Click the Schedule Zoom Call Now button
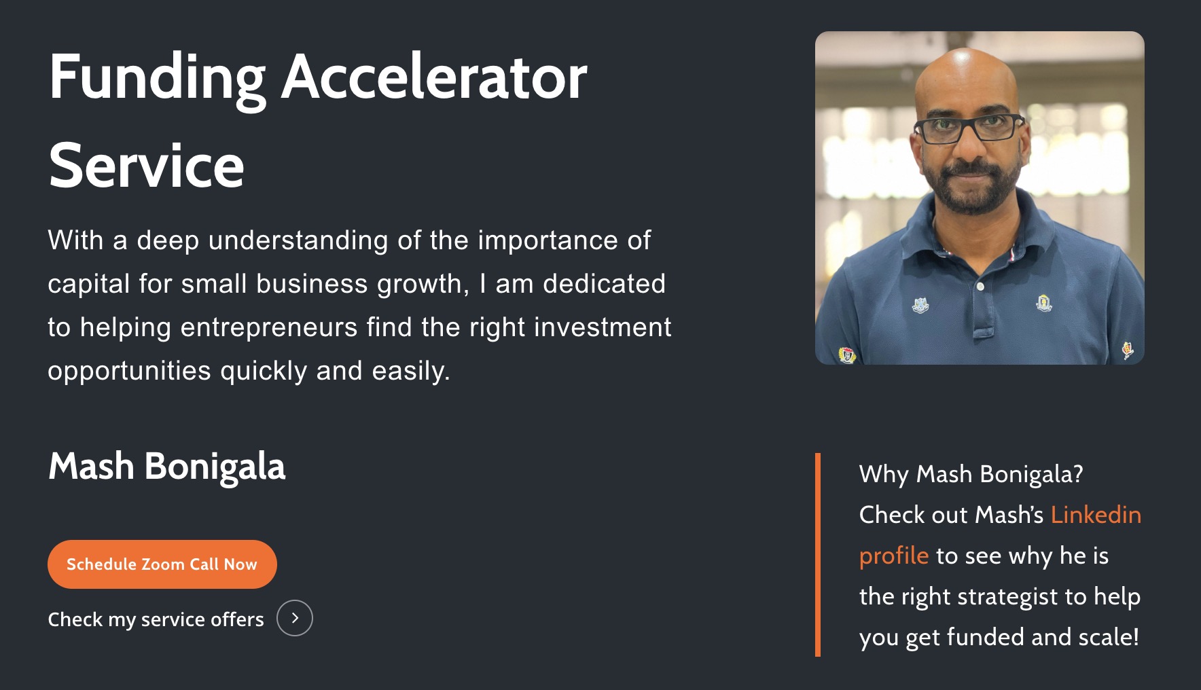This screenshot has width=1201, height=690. [162, 564]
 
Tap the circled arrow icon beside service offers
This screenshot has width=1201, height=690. [295, 618]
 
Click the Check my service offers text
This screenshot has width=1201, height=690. [156, 619]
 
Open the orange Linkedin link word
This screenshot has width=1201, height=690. [1096, 515]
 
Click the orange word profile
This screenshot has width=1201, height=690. [893, 556]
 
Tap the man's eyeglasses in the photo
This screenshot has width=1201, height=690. [969, 128]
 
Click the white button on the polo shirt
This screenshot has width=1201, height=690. [980, 287]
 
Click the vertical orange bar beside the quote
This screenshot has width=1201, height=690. [818, 555]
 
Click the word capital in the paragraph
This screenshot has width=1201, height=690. [89, 285]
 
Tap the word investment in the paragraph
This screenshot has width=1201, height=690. [603, 327]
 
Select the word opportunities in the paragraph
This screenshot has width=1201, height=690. [130, 371]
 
